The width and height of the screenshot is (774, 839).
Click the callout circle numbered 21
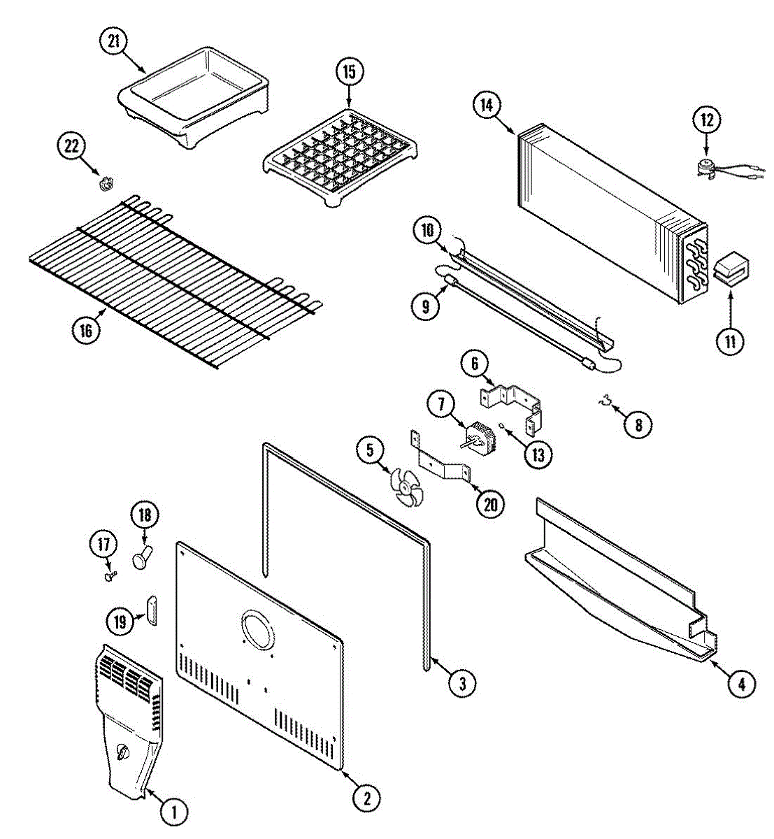click(x=114, y=42)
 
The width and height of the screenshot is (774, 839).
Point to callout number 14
click(x=487, y=105)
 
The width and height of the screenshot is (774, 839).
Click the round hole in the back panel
click(x=257, y=633)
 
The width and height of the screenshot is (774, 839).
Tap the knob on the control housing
click(x=123, y=752)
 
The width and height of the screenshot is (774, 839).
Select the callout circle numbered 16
click(x=86, y=330)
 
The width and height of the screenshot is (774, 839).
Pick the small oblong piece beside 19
click(x=152, y=610)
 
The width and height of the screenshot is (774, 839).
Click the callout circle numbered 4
click(x=742, y=684)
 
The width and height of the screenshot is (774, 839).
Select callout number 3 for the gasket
click(x=462, y=682)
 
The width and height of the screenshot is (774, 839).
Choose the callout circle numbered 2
click(x=366, y=798)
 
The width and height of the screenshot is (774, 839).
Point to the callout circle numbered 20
click(x=490, y=503)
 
